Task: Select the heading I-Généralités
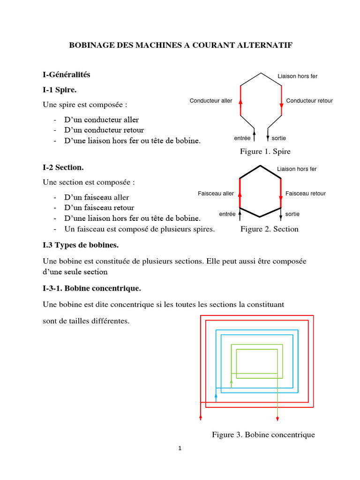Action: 66,74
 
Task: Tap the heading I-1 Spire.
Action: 60,89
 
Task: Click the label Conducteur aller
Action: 211,101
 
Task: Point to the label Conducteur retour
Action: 309,101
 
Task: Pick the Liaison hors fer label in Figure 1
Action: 297,76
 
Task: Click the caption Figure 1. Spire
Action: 265,151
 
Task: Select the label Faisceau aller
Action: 216,194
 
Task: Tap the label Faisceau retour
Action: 305,194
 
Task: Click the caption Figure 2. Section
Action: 269,229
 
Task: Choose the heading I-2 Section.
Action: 63,167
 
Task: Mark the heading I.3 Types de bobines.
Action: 81,245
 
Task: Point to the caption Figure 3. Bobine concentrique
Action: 263,435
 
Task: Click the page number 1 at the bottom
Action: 180,449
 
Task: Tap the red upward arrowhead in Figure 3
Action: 201,417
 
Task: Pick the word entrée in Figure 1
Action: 242,138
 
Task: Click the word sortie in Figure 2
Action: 292,214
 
